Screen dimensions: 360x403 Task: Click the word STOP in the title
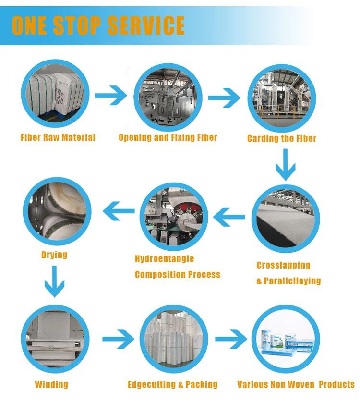pyautogui.click(x=77, y=25)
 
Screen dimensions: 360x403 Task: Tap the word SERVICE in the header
pyautogui.click(x=145, y=25)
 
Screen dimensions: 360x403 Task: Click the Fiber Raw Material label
pyautogui.click(x=58, y=137)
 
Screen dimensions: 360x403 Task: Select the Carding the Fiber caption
pyautogui.click(x=282, y=138)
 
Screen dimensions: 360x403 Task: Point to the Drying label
pyautogui.click(x=54, y=255)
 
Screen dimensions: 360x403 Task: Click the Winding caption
pyautogui.click(x=51, y=384)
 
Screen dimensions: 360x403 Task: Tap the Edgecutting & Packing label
pyautogui.click(x=172, y=384)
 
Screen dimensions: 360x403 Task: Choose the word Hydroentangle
pyautogui.click(x=164, y=258)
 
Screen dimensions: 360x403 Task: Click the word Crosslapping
pyautogui.click(x=283, y=265)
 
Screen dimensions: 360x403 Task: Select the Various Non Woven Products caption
pyautogui.click(x=296, y=384)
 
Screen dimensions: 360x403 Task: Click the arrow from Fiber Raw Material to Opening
pyautogui.click(x=111, y=96)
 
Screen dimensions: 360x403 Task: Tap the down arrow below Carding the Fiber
pyautogui.click(x=285, y=164)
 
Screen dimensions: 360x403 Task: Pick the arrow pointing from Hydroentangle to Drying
pyautogui.click(x=119, y=211)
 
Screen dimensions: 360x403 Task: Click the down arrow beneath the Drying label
pyautogui.click(x=54, y=281)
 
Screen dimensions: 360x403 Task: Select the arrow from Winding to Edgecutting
pyautogui.click(x=119, y=339)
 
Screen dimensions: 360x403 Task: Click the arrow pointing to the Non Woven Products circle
pyautogui.click(x=231, y=339)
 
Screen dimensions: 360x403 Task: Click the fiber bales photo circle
pyautogui.click(x=55, y=94)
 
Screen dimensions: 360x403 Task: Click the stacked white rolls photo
pyautogui.click(x=174, y=339)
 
